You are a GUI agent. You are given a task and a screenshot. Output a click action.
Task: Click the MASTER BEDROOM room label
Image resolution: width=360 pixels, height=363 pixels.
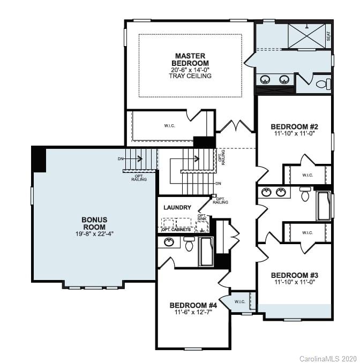tap(191, 59)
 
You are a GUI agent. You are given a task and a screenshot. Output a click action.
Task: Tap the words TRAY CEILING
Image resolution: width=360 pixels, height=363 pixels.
tap(191, 76)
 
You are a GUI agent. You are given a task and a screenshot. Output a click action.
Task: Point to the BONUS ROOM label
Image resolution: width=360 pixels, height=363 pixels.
tap(94, 223)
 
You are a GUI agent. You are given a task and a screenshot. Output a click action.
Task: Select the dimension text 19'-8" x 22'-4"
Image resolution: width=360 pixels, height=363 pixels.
tap(94, 234)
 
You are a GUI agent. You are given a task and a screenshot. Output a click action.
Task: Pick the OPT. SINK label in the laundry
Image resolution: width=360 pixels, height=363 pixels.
tap(202, 218)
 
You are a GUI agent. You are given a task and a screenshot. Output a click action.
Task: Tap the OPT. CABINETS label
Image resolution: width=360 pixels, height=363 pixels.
tap(176, 230)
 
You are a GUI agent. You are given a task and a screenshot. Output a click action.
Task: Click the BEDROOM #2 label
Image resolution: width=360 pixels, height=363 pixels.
tap(294, 127)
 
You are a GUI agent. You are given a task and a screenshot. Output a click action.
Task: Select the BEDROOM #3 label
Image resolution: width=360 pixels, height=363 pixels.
tap(294, 275)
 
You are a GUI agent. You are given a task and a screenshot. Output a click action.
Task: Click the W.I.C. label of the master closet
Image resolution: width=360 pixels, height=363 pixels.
tap(169, 126)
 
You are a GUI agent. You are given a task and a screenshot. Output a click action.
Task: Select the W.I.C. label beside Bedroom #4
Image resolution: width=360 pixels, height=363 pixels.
tap(239, 301)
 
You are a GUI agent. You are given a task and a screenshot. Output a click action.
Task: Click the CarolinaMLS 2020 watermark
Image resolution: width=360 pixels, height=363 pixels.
tap(328, 357)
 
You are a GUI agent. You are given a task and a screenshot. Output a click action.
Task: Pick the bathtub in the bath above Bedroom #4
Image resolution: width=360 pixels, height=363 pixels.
tap(206, 252)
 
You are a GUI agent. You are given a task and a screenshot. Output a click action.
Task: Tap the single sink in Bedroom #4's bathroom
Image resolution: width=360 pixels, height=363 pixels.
tap(169, 242)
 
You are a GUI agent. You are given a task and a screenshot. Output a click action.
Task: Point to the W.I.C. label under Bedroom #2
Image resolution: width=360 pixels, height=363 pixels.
tap(307, 175)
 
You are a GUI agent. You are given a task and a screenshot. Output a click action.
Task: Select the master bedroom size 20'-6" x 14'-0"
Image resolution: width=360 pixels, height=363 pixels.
tap(191, 70)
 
